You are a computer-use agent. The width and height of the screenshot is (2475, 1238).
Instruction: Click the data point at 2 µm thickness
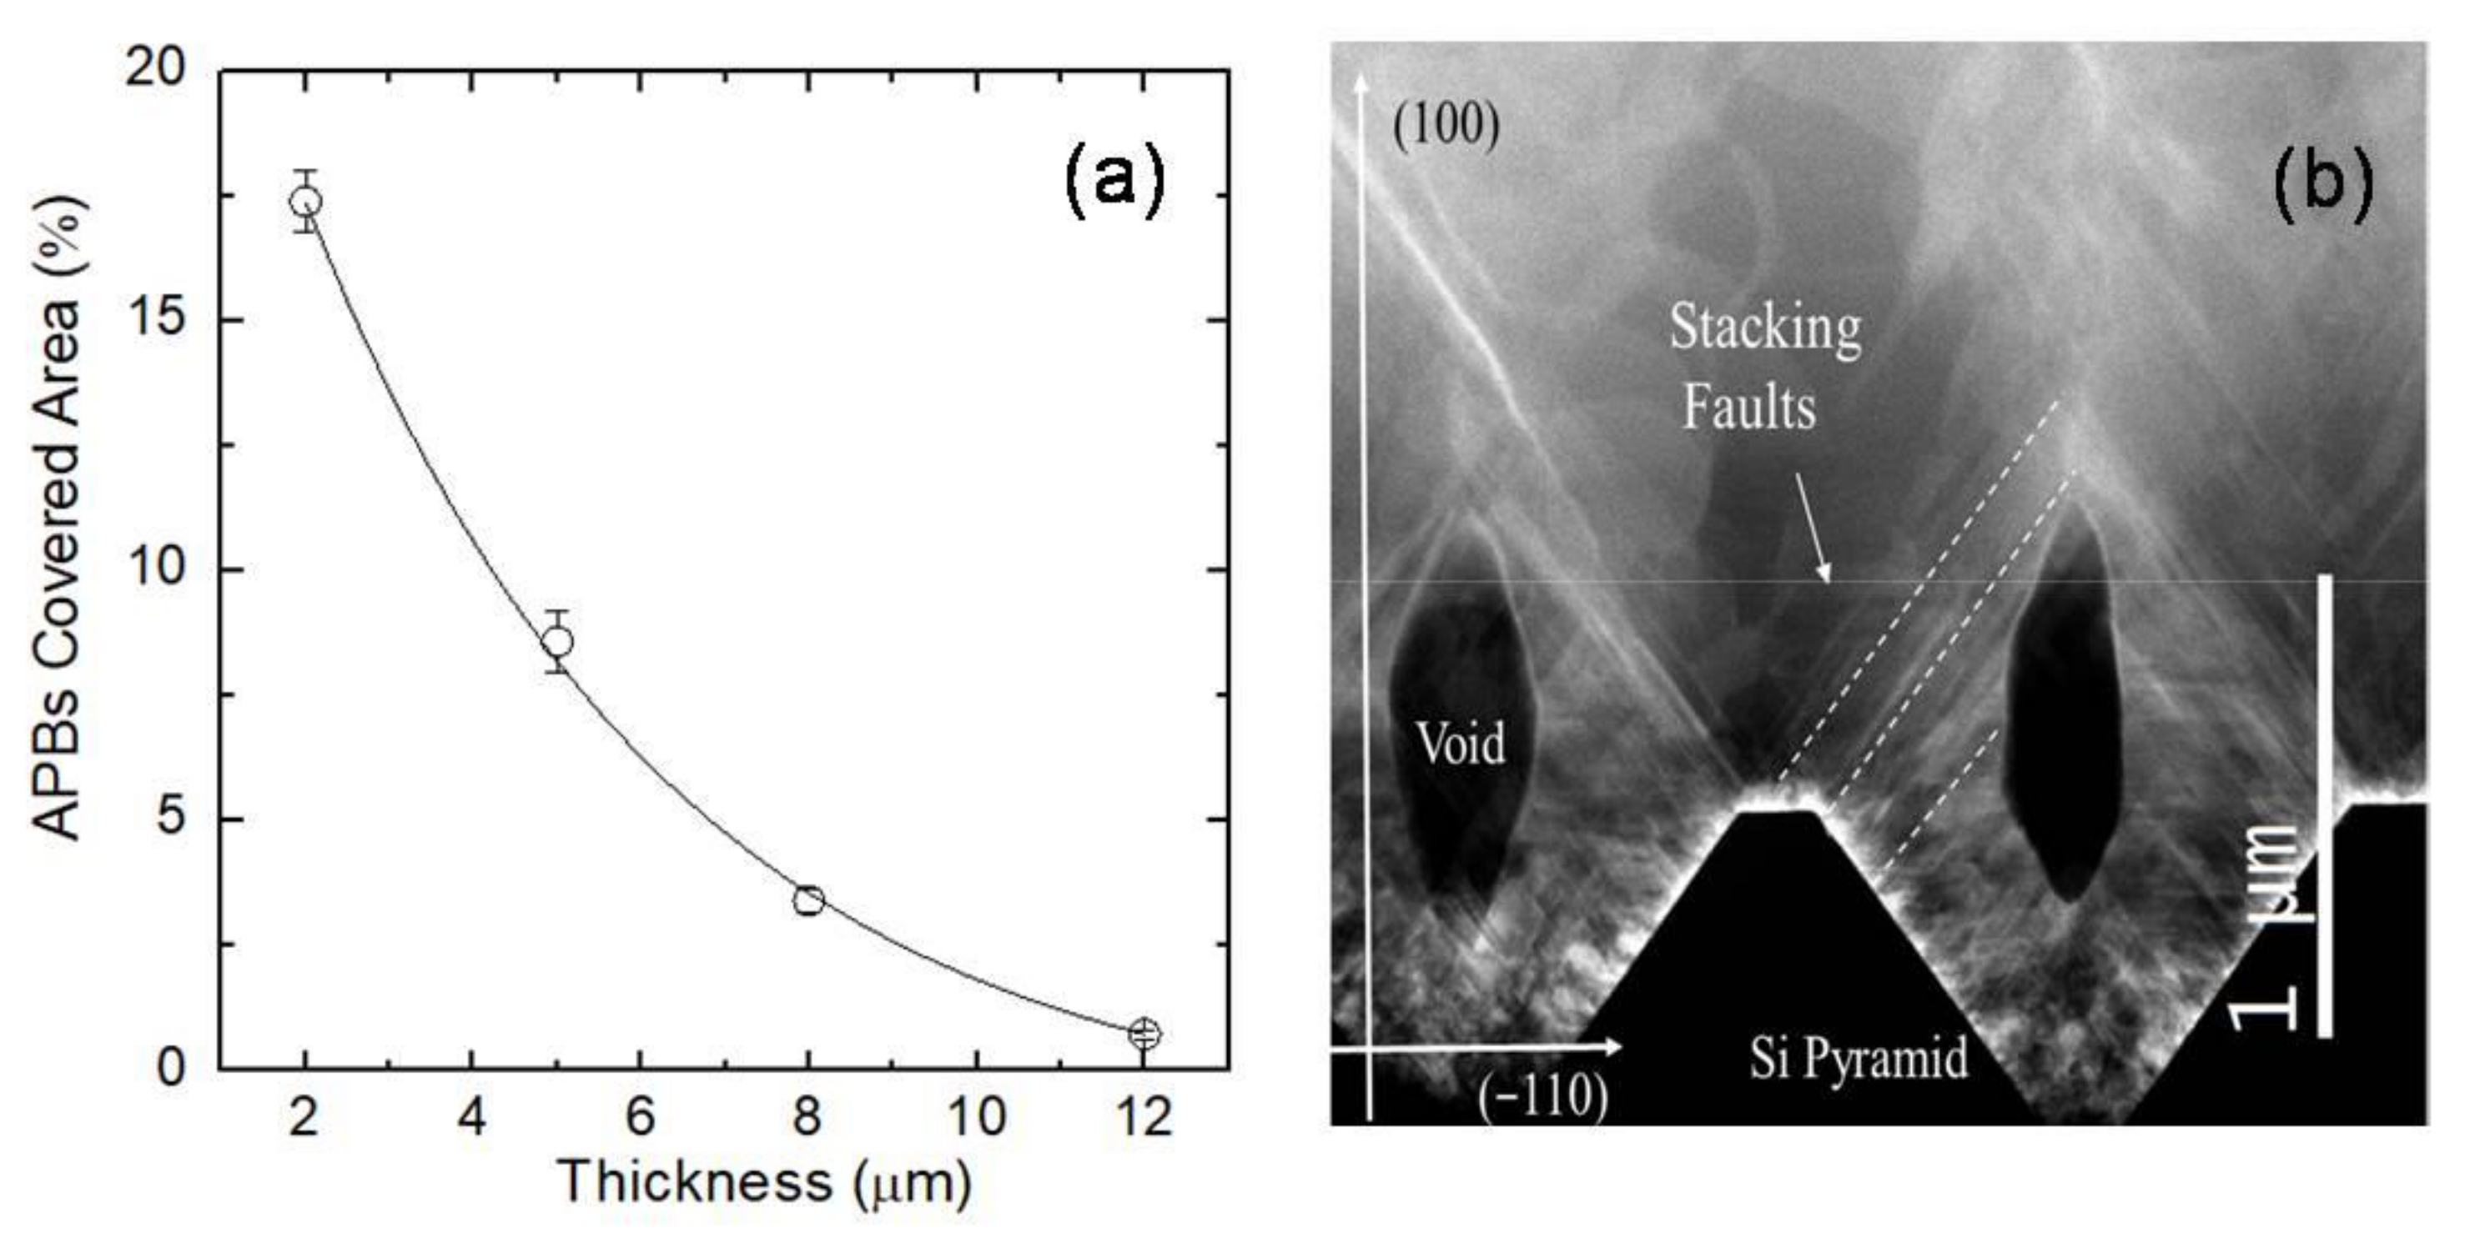(x=305, y=202)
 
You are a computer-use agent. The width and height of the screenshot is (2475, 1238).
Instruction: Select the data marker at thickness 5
(x=557, y=642)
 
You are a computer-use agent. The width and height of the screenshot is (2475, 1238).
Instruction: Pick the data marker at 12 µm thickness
(x=1144, y=1035)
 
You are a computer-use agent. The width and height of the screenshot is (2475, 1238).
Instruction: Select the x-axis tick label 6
(x=640, y=1117)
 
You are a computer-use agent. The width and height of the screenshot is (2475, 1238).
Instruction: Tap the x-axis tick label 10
(x=976, y=1117)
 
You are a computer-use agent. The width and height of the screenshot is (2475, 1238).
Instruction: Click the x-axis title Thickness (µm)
(x=765, y=1182)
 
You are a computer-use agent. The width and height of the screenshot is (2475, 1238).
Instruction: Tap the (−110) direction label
(x=1542, y=1095)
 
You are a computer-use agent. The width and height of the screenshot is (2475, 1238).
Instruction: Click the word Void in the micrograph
(x=1461, y=744)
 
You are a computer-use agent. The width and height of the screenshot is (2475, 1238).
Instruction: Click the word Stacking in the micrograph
(x=1764, y=328)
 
